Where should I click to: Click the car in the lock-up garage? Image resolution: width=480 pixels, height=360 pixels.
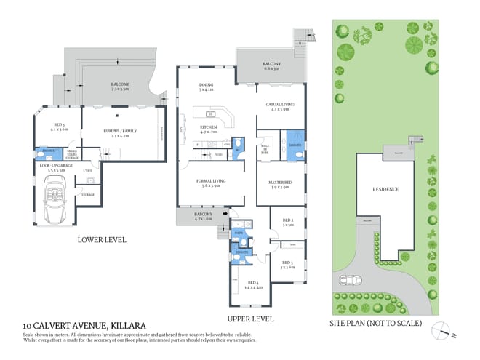[x=56, y=201]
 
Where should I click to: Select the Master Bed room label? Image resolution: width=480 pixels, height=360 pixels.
[x=280, y=184]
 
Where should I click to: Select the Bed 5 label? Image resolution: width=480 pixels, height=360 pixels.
[x=58, y=126]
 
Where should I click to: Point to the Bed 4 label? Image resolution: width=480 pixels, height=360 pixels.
[x=253, y=284]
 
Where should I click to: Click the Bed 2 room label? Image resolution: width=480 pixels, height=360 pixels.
[x=287, y=222]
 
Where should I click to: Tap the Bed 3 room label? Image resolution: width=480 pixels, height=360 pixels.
[x=287, y=264]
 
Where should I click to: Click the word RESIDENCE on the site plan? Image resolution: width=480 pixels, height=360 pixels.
[x=385, y=189]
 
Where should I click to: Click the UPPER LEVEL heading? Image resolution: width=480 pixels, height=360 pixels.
[x=249, y=319]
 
